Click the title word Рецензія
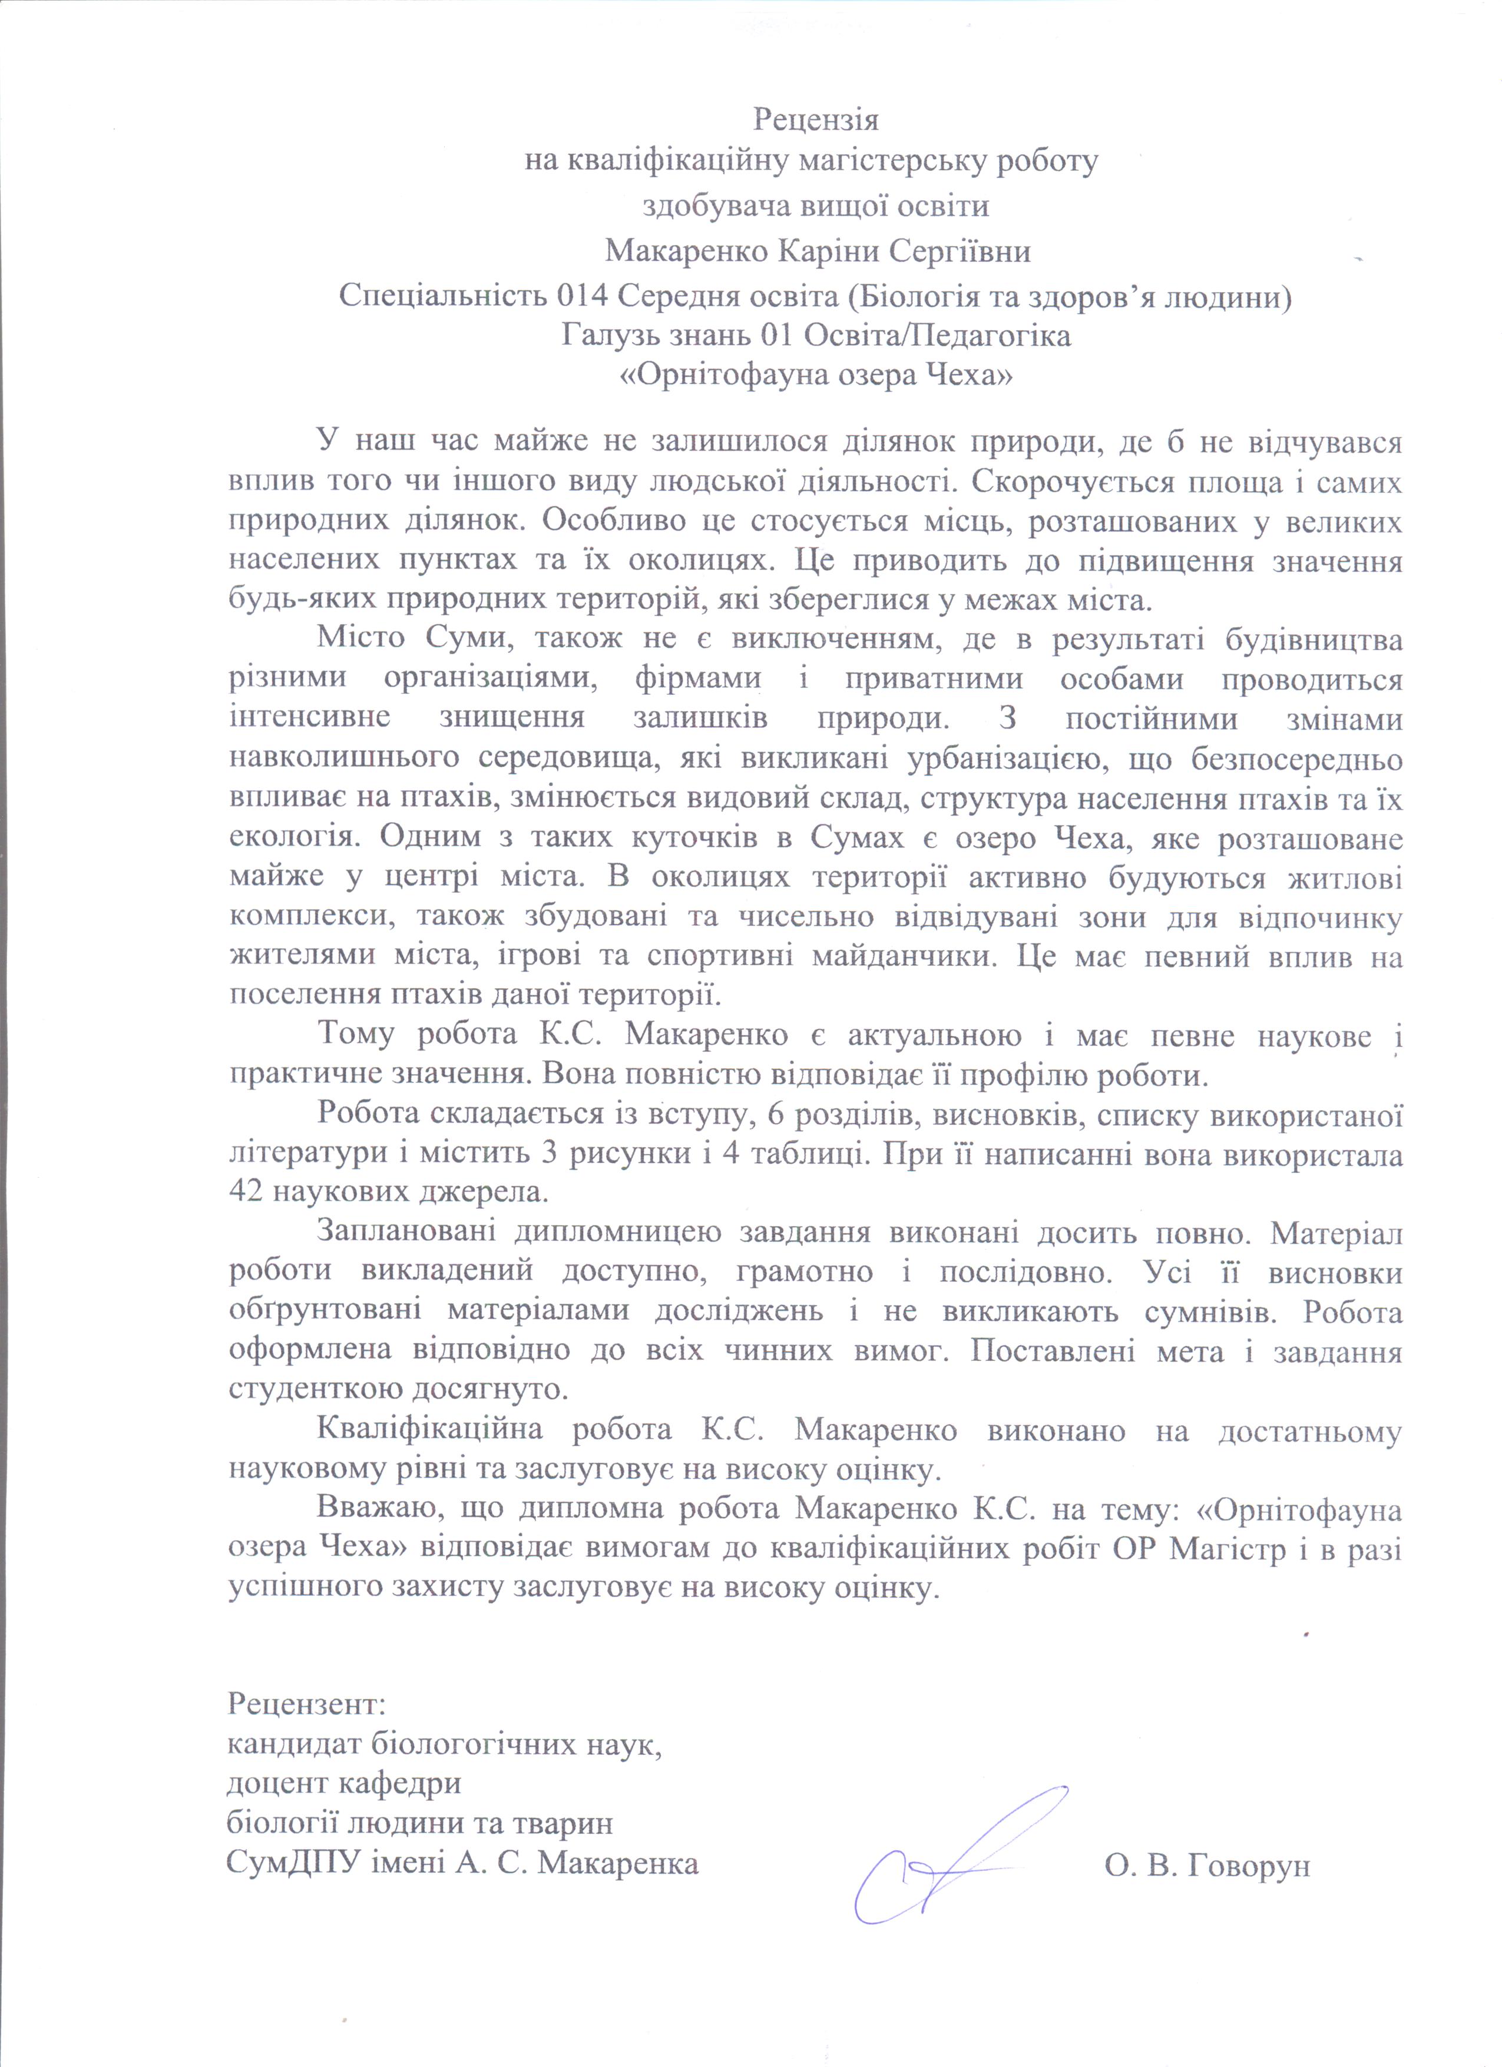pos(816,120)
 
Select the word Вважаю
pos(368,1509)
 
